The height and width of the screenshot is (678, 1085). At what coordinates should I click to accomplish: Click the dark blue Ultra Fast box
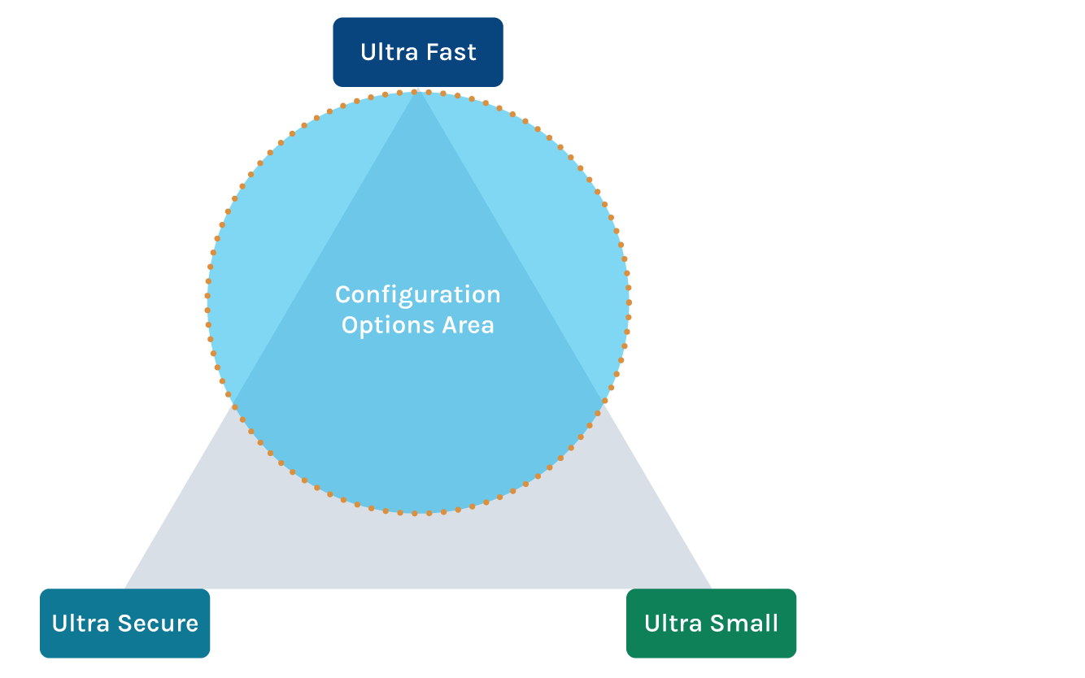[418, 52]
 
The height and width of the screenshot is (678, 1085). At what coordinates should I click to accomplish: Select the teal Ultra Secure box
[125, 624]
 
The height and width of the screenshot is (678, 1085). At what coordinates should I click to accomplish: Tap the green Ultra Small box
[712, 624]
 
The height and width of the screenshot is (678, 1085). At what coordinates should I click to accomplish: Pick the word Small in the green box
[744, 624]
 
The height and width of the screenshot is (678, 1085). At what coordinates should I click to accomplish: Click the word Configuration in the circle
[418, 294]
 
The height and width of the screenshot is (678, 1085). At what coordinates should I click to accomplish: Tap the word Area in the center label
[468, 325]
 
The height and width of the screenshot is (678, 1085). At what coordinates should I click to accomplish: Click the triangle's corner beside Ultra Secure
[126, 587]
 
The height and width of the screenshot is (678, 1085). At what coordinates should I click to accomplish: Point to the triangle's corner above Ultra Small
[711, 587]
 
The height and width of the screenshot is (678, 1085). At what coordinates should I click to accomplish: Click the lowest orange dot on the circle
[415, 514]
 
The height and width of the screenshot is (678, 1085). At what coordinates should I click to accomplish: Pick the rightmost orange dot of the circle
[629, 301]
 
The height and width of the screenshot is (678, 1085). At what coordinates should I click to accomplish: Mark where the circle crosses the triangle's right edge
[603, 400]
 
